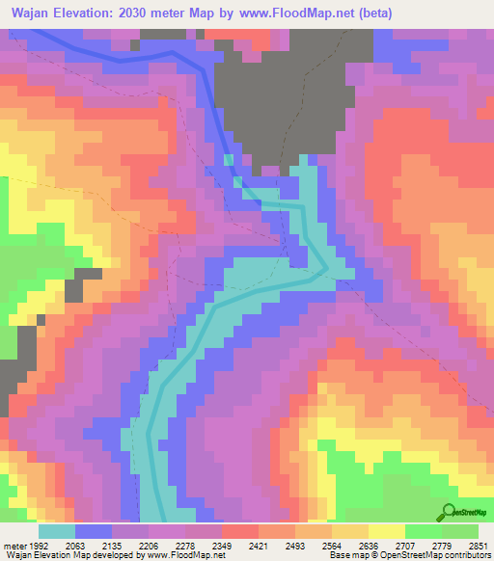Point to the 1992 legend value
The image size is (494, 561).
pos(36,545)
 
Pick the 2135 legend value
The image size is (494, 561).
pos(128,545)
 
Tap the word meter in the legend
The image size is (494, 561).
pos(13,545)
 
